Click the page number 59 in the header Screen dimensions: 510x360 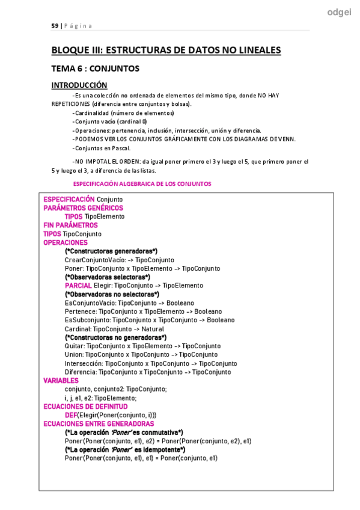[54, 26]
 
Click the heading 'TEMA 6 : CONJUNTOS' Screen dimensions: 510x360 [95, 69]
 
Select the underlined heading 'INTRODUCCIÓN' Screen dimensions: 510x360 [79, 85]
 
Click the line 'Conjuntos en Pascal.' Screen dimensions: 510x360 [101, 148]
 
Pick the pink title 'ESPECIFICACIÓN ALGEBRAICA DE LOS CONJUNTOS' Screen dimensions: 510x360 [142, 183]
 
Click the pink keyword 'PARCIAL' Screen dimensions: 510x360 [78, 286]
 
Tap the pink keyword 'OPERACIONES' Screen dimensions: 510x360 [66, 242]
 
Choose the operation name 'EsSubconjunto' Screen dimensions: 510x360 [87, 321]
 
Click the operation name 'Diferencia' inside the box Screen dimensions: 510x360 [81, 372]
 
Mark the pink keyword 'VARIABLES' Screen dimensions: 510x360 [61, 381]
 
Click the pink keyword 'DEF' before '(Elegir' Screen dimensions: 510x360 [70, 415]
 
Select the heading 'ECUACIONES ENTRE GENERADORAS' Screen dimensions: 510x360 [99, 423]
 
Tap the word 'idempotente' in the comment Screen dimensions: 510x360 [161, 449]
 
